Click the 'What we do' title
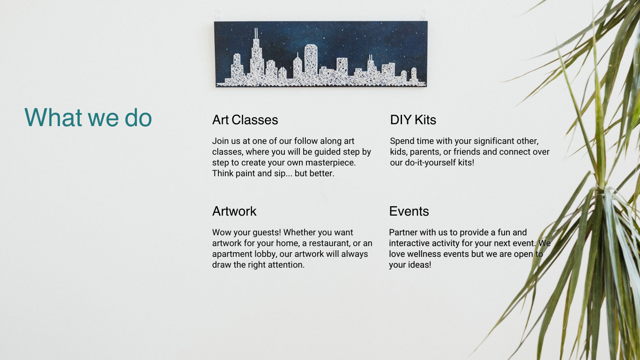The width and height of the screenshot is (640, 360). tap(88, 117)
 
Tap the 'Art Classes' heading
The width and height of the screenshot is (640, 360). tap(245, 120)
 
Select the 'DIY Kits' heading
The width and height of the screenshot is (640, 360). tap(413, 120)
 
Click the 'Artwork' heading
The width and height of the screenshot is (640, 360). tap(234, 211)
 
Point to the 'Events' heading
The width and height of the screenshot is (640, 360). tap(409, 211)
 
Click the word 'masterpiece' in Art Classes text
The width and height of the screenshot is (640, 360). tap(330, 163)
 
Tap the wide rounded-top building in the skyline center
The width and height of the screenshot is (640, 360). tap(311, 60)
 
